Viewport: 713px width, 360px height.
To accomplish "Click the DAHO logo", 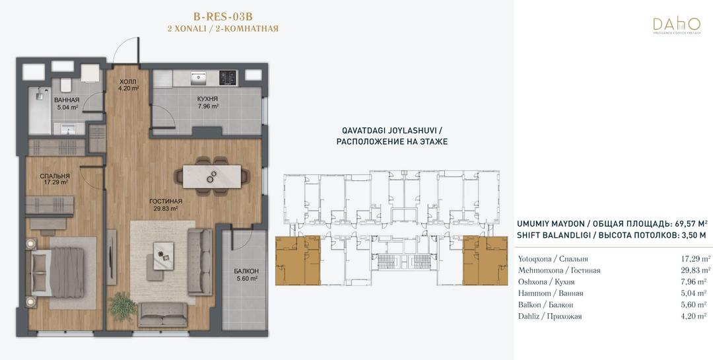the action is click(677, 26).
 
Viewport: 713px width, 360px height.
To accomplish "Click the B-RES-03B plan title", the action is click(223, 17).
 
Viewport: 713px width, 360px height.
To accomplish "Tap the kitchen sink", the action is click(198, 77).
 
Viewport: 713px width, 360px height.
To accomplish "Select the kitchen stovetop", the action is click(228, 77).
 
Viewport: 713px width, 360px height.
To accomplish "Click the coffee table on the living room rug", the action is click(163, 256).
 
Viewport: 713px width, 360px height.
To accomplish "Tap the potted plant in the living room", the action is click(123, 306).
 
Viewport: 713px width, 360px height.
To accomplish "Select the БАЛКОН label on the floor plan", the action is click(246, 271).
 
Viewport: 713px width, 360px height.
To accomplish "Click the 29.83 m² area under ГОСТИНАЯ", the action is click(165, 209).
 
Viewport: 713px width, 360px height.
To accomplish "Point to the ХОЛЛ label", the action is click(127, 82).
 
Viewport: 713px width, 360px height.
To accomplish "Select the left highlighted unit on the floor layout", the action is click(298, 261).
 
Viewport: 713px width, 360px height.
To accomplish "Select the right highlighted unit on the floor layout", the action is click(485, 261).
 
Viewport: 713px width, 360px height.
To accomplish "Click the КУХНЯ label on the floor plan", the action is click(207, 99).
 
